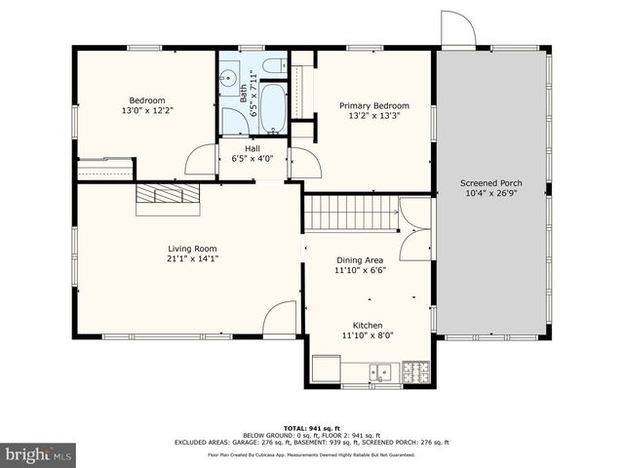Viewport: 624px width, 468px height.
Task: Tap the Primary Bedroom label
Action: [373, 105]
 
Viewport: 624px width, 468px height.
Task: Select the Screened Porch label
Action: [491, 182]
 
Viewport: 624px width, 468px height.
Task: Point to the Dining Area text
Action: [360, 260]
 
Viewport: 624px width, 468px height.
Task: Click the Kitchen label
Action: [368, 325]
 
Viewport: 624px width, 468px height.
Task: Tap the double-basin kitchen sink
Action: [379, 370]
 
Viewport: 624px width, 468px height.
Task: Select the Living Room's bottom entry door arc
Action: [281, 319]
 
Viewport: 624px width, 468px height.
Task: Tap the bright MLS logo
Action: [39, 455]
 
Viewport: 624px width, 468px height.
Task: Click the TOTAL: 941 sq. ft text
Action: [311, 428]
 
